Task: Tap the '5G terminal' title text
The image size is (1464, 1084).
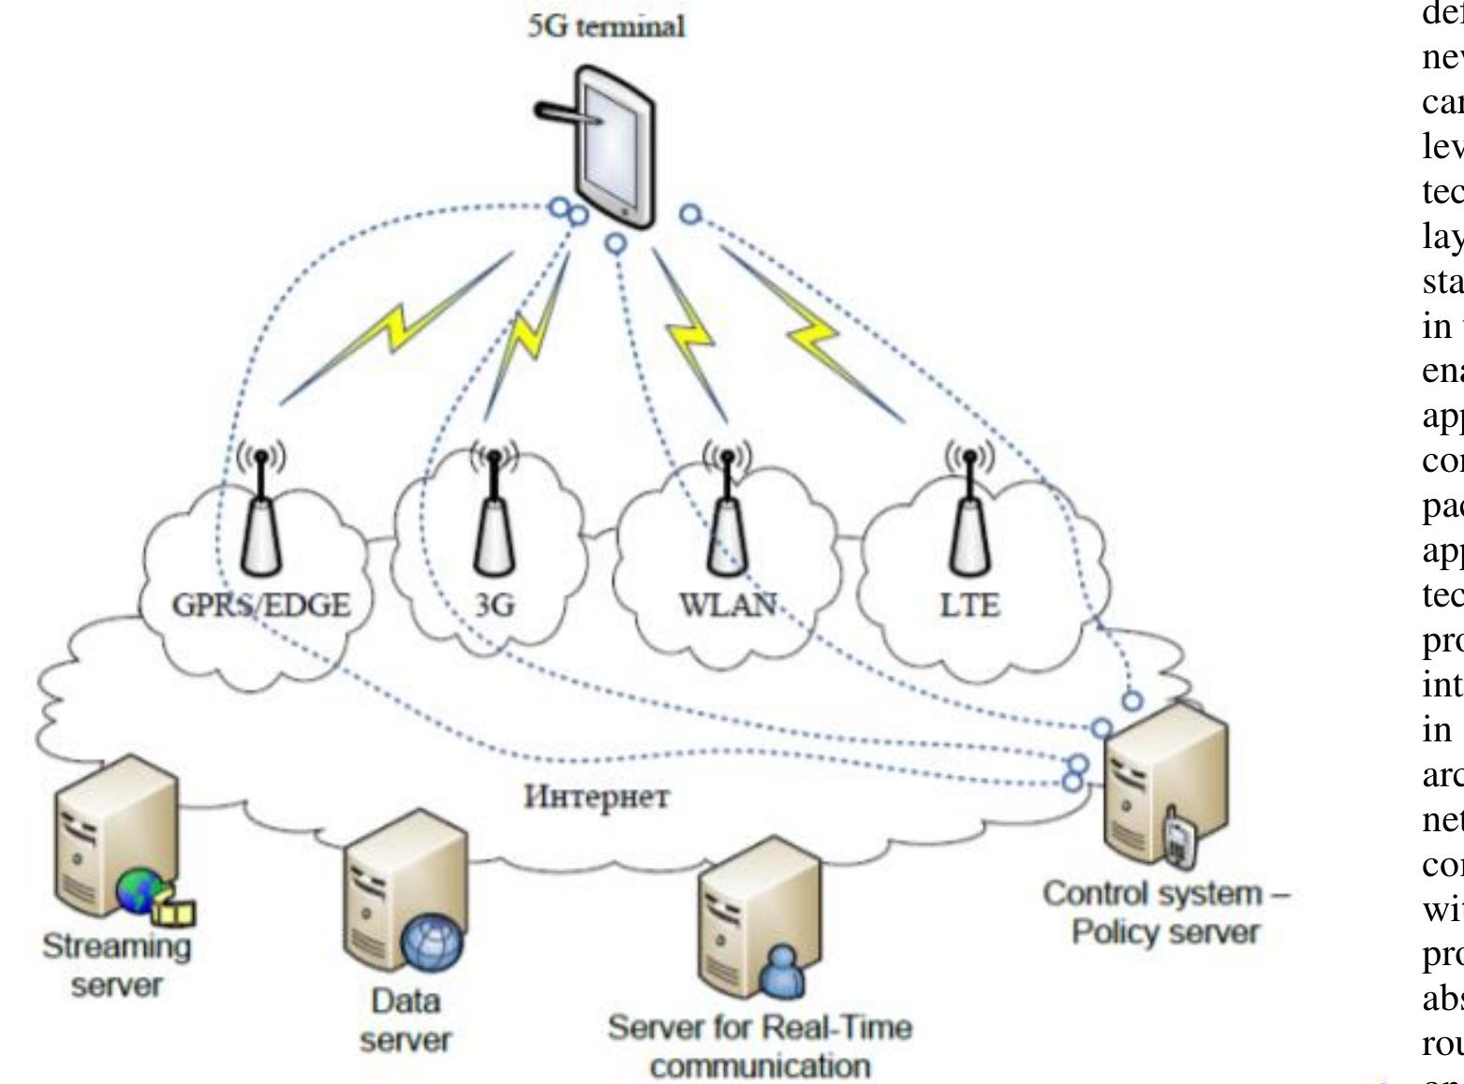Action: point(606,25)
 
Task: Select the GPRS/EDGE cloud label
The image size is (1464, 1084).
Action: point(261,605)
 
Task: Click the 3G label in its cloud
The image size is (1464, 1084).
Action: point(495,605)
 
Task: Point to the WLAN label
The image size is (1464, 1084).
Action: point(728,605)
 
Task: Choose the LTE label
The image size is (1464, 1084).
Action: point(969,605)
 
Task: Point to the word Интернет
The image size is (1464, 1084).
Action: point(597,798)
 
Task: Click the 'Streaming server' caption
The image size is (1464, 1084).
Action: point(116,965)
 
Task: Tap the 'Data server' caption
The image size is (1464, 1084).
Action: point(406,1020)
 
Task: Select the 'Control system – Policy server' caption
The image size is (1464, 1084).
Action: point(1166,913)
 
